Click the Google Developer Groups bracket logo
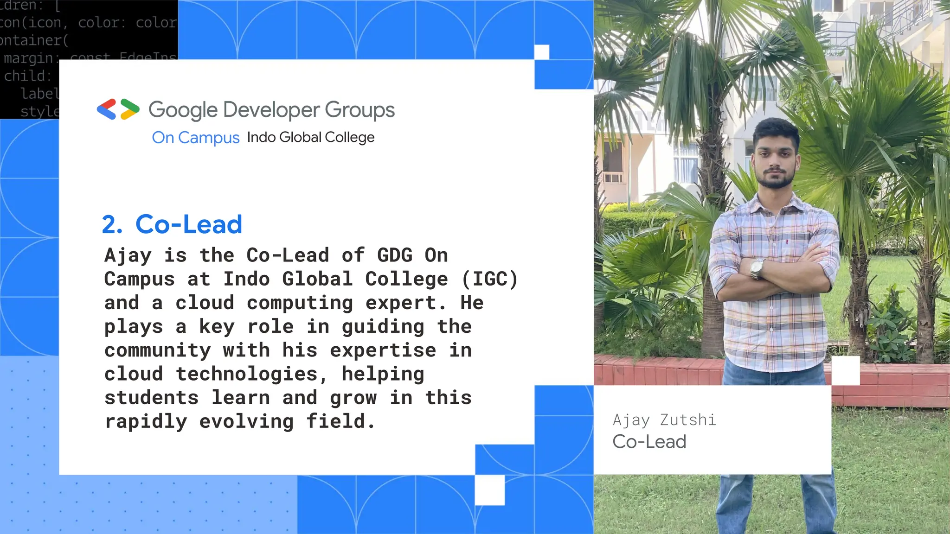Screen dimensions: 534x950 [x=118, y=109]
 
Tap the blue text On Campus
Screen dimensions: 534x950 [x=195, y=138]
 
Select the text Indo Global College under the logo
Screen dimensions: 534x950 [x=310, y=137]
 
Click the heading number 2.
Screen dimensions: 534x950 [x=112, y=225]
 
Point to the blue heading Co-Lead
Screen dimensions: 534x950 [x=189, y=225]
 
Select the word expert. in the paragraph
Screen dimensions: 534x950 [x=406, y=303]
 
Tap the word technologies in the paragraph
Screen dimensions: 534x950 [x=247, y=374]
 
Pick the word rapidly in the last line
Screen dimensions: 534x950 [x=146, y=422]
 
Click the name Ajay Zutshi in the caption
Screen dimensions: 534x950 [x=664, y=420]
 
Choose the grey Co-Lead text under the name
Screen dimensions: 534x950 [x=649, y=442]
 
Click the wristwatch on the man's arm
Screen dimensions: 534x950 [x=757, y=268]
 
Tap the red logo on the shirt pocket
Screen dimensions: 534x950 [x=787, y=242]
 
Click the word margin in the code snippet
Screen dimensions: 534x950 [x=28, y=58]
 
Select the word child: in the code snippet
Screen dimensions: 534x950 [x=27, y=76]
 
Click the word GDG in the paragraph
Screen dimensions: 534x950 [x=394, y=255]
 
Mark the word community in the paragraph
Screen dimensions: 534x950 [x=157, y=350]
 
